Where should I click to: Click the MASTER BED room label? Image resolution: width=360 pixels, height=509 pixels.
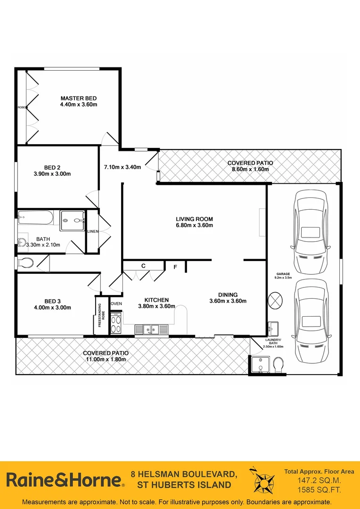click(78, 98)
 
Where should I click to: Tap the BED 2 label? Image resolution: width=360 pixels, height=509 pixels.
click(52, 167)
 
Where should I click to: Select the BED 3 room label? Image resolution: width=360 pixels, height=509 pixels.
click(52, 301)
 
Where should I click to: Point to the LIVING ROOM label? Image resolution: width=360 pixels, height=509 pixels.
click(194, 219)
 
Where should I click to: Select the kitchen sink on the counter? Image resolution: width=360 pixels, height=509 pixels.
click(151, 329)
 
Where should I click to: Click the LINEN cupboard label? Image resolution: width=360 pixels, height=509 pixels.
click(92, 231)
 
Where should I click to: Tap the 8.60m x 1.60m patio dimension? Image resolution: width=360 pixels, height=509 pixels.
click(250, 169)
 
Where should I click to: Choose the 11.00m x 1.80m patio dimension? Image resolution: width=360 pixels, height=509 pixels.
click(106, 359)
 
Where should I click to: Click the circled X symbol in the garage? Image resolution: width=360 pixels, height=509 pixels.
click(274, 300)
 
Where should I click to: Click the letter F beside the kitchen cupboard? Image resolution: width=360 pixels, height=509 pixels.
click(175, 267)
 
